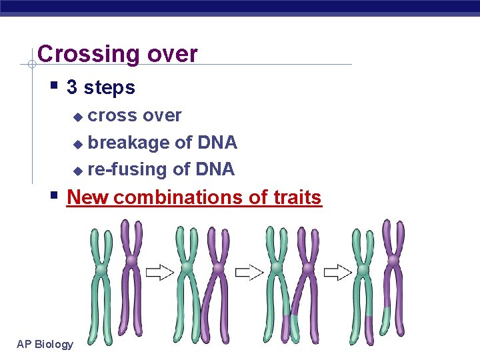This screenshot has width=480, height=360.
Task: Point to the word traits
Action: (x=297, y=197)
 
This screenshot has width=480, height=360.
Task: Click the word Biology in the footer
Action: (x=55, y=344)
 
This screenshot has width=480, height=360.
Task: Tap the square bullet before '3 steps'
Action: (x=54, y=86)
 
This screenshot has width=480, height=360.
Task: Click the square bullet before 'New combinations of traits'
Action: (x=54, y=196)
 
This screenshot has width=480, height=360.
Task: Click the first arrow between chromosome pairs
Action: (x=160, y=271)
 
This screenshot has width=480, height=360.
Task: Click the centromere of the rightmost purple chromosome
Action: (x=394, y=261)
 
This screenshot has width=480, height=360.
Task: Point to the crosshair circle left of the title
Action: (x=31, y=65)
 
